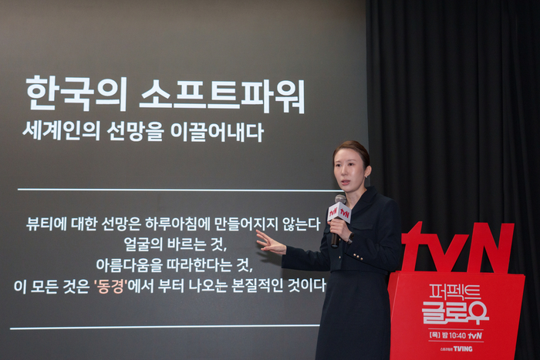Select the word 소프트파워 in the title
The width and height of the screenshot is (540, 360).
(222, 95)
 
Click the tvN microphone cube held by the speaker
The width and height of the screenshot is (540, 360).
(339, 213)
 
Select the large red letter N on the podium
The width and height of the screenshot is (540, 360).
(491, 247)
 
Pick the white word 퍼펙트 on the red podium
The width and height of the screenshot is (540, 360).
(455, 291)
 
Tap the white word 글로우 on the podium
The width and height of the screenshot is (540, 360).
(455, 311)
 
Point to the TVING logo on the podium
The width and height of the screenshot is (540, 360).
(462, 348)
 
